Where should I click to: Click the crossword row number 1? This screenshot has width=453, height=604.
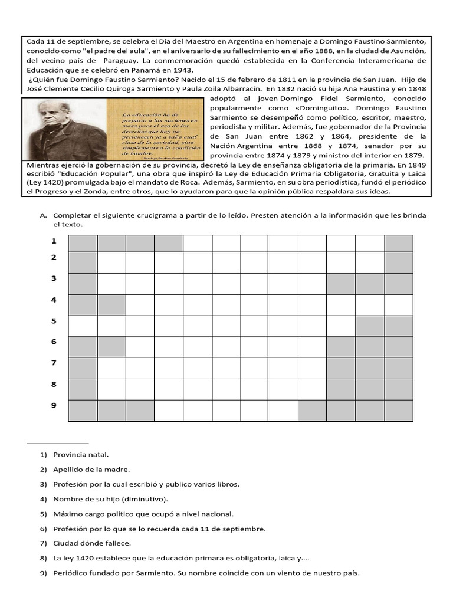(x=54, y=241)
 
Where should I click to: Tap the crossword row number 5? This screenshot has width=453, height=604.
(x=54, y=321)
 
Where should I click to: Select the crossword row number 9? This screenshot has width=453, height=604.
(x=54, y=405)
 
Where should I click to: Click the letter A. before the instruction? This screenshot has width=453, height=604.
(x=43, y=216)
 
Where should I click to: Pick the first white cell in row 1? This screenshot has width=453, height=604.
(x=198, y=244)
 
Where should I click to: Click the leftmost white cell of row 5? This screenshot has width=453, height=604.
(x=83, y=326)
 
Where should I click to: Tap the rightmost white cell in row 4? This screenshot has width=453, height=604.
(x=399, y=305)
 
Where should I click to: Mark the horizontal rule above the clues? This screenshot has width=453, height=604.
(x=58, y=442)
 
